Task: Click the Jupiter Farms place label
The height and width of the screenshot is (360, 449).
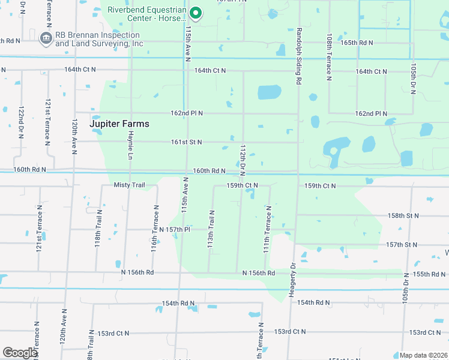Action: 119,124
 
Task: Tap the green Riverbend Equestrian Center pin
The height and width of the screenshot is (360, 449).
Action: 195,13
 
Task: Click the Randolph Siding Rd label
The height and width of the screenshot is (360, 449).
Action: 298,55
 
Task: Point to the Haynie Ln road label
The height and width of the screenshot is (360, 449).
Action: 130,146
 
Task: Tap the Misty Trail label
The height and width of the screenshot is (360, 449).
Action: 130,185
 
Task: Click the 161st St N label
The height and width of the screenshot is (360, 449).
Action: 186,142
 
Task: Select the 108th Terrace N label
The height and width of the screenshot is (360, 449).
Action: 329,58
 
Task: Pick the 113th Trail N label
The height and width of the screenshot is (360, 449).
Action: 211,230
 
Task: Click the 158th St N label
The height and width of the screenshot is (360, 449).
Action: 403,215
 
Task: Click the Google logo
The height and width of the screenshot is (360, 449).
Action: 20,353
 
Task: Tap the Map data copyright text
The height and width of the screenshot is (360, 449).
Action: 423,355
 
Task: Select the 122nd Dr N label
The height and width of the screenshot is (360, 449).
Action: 21,124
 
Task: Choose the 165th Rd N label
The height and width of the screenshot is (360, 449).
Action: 357,43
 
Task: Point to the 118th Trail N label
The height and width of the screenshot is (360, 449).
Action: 97,236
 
